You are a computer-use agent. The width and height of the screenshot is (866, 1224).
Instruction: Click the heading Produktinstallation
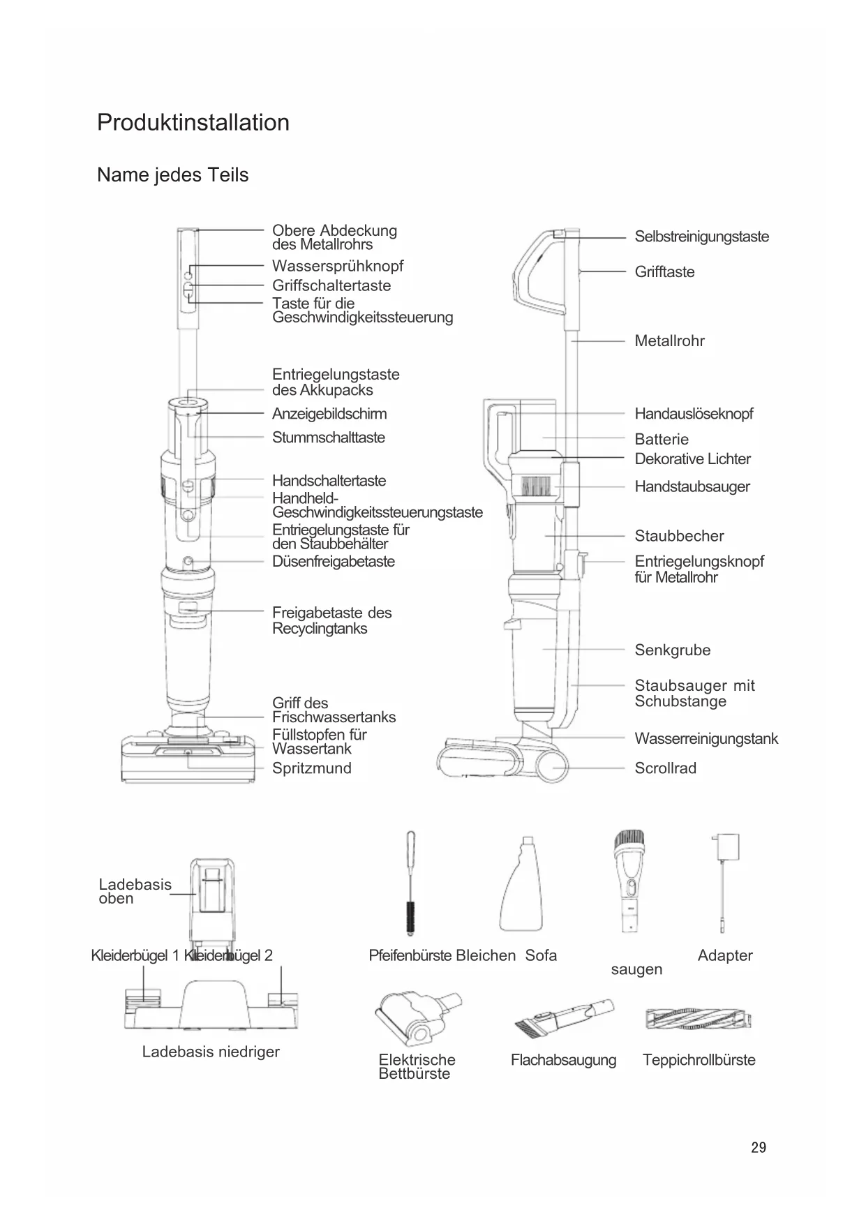point(193,122)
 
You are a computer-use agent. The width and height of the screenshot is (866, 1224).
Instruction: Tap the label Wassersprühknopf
point(337,266)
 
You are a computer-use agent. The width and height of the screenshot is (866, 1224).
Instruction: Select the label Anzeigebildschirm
point(329,414)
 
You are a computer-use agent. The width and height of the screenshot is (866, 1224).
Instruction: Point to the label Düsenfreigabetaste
point(333,562)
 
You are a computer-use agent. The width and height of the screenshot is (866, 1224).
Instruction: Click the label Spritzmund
point(311,768)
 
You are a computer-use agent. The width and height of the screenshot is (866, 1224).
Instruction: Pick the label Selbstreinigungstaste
point(701,237)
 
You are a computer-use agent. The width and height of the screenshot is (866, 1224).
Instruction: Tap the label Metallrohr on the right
point(669,341)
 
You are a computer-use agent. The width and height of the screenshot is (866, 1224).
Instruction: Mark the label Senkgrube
point(672,650)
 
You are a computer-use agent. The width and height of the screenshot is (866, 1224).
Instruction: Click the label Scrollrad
point(665,768)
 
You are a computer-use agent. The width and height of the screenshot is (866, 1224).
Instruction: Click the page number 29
point(759,1147)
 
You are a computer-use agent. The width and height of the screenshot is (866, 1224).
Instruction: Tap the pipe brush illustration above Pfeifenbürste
point(411,883)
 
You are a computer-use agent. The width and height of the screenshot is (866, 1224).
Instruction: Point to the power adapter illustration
point(724,879)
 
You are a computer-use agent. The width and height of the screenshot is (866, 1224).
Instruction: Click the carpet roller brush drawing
point(699,1020)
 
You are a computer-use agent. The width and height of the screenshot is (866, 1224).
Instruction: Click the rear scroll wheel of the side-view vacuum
point(552,767)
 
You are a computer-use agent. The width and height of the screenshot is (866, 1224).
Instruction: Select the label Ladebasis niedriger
point(211,1052)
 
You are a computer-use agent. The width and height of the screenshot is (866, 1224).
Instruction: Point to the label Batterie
point(661,440)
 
